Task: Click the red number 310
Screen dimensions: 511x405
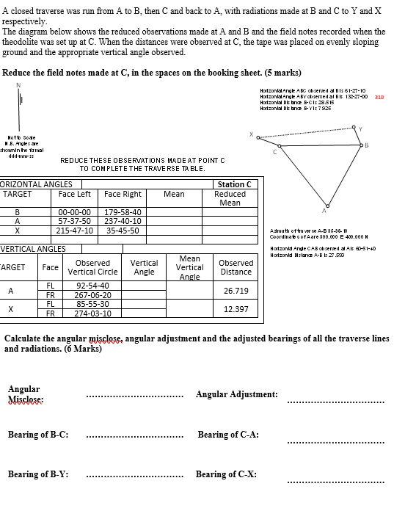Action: pos(379,96)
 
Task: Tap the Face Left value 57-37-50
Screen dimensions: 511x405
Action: pos(75,221)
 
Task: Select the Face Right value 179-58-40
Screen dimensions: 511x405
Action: pos(123,212)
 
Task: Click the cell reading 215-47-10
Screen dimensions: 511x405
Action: pos(75,230)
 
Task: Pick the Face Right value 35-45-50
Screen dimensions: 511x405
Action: pos(123,230)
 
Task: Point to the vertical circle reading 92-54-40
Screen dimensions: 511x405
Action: pos(93,286)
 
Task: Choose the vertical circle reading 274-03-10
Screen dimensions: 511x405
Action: pos(93,314)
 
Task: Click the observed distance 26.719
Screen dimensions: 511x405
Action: pos(236,291)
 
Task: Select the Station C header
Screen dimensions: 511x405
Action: pos(235,184)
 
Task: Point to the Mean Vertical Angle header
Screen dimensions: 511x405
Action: pos(189,267)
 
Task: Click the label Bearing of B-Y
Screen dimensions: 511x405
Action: pos(38,474)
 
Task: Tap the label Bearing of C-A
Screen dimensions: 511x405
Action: pos(228,435)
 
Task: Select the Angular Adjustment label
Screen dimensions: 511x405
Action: pos(236,395)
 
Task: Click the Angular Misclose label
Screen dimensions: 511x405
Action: pos(24,394)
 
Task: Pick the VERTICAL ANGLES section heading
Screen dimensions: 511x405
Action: pos(32,249)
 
